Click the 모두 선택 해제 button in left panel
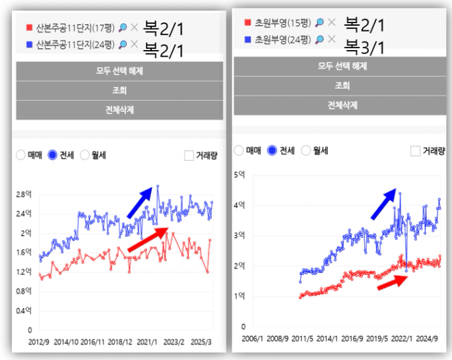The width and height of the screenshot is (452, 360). pyautogui.click(x=119, y=71)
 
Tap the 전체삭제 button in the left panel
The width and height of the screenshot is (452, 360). pyautogui.click(x=119, y=110)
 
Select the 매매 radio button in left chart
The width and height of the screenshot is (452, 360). pyautogui.click(x=21, y=155)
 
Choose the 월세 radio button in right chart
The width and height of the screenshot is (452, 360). pyautogui.click(x=306, y=150)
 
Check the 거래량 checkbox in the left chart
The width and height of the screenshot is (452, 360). pyautogui.click(x=189, y=156)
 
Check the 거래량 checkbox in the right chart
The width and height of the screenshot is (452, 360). pyautogui.click(x=416, y=151)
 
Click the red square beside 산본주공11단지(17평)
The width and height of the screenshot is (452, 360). pyautogui.click(x=28, y=28)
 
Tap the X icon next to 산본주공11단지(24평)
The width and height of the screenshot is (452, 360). pyautogui.click(x=134, y=44)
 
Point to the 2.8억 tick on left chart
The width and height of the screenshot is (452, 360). pyautogui.click(x=24, y=195)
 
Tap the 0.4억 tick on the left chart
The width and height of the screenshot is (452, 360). pyautogui.click(x=24, y=311)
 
